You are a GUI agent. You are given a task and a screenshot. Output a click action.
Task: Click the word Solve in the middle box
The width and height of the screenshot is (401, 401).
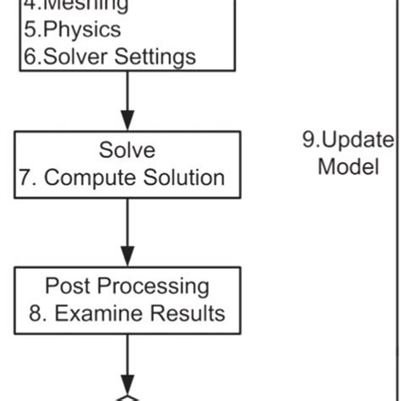126,151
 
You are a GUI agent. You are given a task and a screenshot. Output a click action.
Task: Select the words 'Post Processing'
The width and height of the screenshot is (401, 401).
126,285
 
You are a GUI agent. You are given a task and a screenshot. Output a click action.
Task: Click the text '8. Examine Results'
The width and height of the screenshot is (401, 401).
126,313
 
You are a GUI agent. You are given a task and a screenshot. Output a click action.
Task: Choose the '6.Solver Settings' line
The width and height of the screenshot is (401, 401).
107,57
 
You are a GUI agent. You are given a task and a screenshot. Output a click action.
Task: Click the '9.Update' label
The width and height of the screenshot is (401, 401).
348,140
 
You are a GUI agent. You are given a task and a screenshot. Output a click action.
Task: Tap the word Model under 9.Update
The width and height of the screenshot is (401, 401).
348,167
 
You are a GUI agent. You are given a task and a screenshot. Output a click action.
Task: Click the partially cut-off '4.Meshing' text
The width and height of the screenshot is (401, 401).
76,6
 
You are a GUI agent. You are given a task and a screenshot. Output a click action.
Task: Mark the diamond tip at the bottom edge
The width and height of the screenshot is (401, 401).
127,398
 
